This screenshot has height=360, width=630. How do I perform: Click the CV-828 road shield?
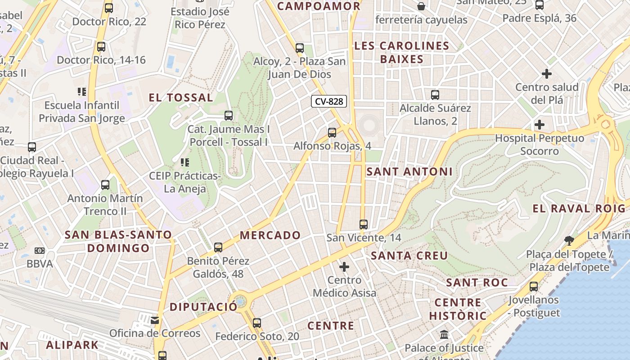click(329, 101)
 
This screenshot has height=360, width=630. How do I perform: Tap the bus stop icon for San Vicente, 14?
click(364, 224)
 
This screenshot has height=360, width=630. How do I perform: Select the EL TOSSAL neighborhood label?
click(181, 98)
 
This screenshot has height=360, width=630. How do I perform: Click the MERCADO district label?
click(270, 235)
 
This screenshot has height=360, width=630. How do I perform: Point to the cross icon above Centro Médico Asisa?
click(344, 267)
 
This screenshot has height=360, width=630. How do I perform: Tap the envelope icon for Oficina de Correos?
click(155, 320)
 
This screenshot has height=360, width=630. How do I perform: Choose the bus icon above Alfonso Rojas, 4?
click(332, 132)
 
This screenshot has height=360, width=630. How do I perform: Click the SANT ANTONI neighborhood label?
click(409, 171)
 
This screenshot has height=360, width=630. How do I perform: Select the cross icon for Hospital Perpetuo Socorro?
click(539, 125)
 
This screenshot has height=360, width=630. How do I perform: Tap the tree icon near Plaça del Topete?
click(569, 240)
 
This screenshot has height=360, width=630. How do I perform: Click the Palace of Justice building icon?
click(444, 334)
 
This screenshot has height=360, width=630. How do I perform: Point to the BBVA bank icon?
click(40, 251)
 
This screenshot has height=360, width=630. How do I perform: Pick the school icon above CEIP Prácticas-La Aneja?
click(184, 162)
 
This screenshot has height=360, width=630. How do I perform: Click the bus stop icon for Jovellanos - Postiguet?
click(534, 286)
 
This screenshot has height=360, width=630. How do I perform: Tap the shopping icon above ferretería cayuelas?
click(421, 6)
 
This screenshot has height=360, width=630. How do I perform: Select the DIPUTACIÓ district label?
click(203, 307)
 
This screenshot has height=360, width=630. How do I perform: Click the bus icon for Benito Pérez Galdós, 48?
click(218, 247)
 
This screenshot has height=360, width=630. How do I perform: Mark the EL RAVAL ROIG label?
click(579, 208)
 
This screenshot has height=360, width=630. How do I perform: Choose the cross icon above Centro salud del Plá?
click(547, 73)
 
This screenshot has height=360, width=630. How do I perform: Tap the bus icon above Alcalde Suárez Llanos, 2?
click(435, 95)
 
